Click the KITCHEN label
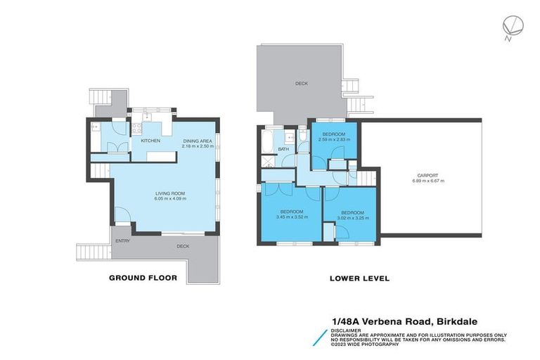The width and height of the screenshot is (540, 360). pyautogui.click(x=150, y=141)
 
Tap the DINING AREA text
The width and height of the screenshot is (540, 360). pyautogui.click(x=197, y=141)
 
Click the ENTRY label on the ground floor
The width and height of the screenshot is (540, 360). pyautogui.click(x=123, y=241)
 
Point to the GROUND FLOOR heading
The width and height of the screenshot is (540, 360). pyautogui.click(x=142, y=278)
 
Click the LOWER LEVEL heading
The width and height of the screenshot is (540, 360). pyautogui.click(x=359, y=278)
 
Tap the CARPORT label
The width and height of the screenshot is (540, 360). pyautogui.click(x=427, y=175)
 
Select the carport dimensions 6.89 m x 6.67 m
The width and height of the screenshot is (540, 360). pyautogui.click(x=427, y=181)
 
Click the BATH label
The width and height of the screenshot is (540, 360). pyautogui.click(x=283, y=149)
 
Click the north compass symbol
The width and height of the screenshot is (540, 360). pyautogui.click(x=509, y=26)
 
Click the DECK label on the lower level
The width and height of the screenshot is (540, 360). pyautogui.click(x=301, y=84)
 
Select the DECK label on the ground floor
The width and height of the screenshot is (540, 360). pyautogui.click(x=183, y=246)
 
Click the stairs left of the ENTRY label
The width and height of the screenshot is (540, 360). pyautogui.click(x=90, y=251)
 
